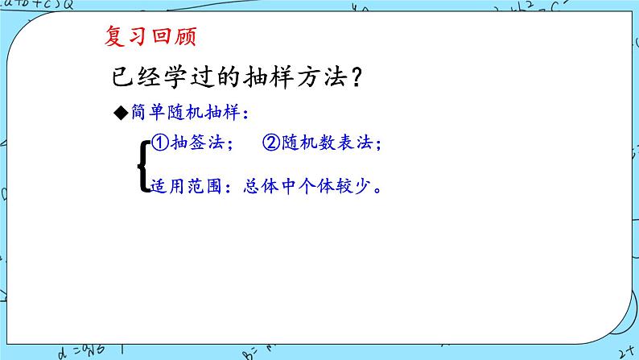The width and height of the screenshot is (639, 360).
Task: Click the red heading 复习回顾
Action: tap(150, 36)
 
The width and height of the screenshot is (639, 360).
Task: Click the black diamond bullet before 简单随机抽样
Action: tap(120, 114)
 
